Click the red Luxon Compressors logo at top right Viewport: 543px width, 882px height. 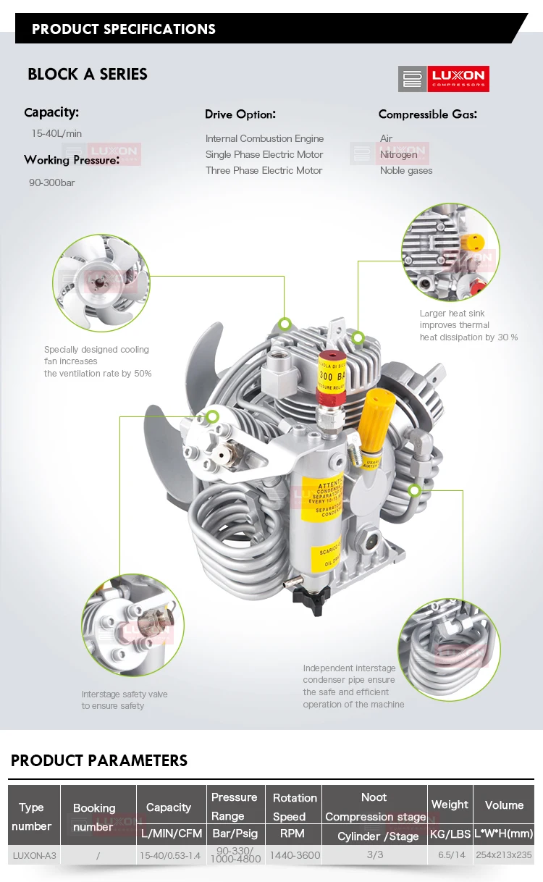tap(444, 79)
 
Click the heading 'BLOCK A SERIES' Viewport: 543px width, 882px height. tap(87, 74)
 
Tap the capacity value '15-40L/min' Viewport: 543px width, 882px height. tap(56, 133)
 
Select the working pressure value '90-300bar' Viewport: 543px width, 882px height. tap(52, 182)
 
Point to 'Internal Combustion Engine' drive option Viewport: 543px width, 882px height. tap(264, 138)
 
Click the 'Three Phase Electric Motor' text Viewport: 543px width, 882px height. tap(264, 170)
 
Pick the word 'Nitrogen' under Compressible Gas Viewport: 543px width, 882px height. tap(399, 154)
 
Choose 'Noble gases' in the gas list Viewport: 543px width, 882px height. tap(406, 170)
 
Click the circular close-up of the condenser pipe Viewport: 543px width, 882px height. tap(448, 648)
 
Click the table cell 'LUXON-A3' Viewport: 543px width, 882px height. tap(34, 855)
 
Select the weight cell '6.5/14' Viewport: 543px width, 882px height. tap(451, 855)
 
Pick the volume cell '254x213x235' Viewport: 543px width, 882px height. tap(504, 855)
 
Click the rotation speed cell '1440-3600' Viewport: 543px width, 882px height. tap(295, 855)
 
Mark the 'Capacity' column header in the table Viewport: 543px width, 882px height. tap(169, 807)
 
